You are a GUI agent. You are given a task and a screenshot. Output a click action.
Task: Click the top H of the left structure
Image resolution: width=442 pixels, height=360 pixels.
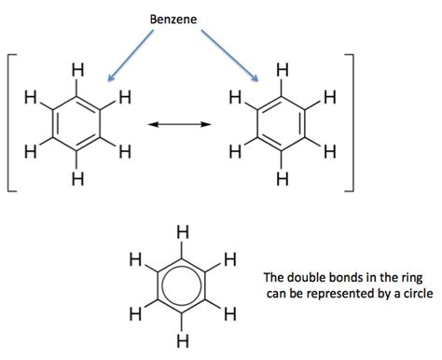point(77,69)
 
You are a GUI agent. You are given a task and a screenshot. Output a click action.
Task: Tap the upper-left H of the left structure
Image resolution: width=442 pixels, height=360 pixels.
point(32,95)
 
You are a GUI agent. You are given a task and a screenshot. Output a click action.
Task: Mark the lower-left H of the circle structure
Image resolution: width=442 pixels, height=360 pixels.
point(135,311)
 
